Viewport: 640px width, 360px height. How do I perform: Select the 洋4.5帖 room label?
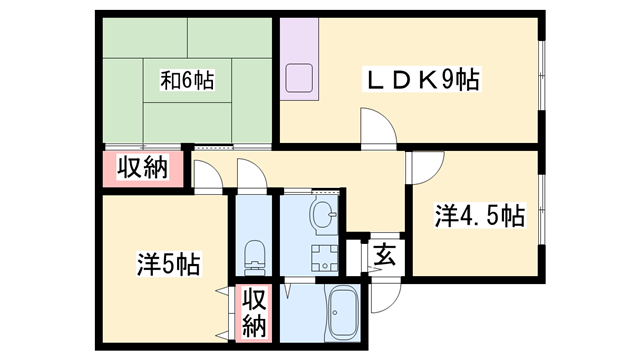coord(479,215)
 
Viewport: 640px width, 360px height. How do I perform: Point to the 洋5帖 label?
coord(167,264)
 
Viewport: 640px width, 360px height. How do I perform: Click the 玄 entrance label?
coord(385,254)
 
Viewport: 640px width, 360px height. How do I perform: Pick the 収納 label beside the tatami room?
coord(143,168)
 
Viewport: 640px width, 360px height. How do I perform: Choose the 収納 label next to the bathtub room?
coord(255,311)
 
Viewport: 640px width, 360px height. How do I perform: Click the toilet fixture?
coord(254,254)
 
